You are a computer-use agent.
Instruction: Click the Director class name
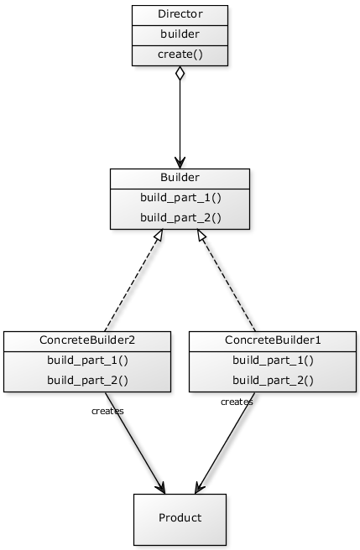coord(180,14)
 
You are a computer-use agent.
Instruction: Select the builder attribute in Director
coord(180,34)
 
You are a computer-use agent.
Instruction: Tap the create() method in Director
coord(180,54)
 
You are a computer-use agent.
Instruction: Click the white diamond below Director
coord(180,74)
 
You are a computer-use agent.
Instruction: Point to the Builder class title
coord(180,178)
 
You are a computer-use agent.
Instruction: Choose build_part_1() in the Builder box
coord(180,199)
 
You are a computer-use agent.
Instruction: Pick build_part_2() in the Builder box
coord(180,218)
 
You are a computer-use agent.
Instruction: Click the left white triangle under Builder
coord(159,236)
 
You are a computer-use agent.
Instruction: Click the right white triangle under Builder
coord(201,236)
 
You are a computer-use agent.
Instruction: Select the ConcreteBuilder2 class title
coord(87,340)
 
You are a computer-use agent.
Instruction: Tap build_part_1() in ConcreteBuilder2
coord(87,361)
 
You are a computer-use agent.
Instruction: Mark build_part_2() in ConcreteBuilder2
coord(87,381)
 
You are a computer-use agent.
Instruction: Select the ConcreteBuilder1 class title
coord(273,340)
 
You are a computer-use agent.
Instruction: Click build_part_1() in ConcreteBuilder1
coord(273,361)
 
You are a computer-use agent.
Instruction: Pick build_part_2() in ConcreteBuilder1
coord(273,381)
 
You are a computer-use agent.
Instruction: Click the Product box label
coord(180,517)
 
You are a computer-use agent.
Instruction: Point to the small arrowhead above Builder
coord(180,163)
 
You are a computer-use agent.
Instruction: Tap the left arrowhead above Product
coord(161,488)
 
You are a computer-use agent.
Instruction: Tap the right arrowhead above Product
coord(198,488)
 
